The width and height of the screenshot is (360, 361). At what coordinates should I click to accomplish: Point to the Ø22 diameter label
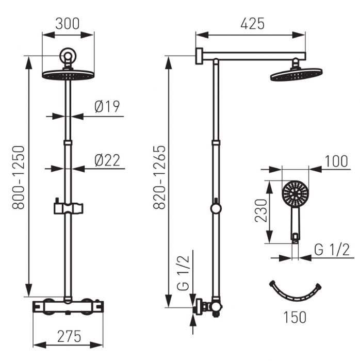point(107,160)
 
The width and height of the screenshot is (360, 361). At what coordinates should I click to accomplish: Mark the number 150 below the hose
point(294,317)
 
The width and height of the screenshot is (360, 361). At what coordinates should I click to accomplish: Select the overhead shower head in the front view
point(68,74)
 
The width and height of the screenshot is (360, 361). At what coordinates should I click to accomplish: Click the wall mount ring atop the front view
point(68,55)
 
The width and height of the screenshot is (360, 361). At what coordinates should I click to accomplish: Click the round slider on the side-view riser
point(216,208)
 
